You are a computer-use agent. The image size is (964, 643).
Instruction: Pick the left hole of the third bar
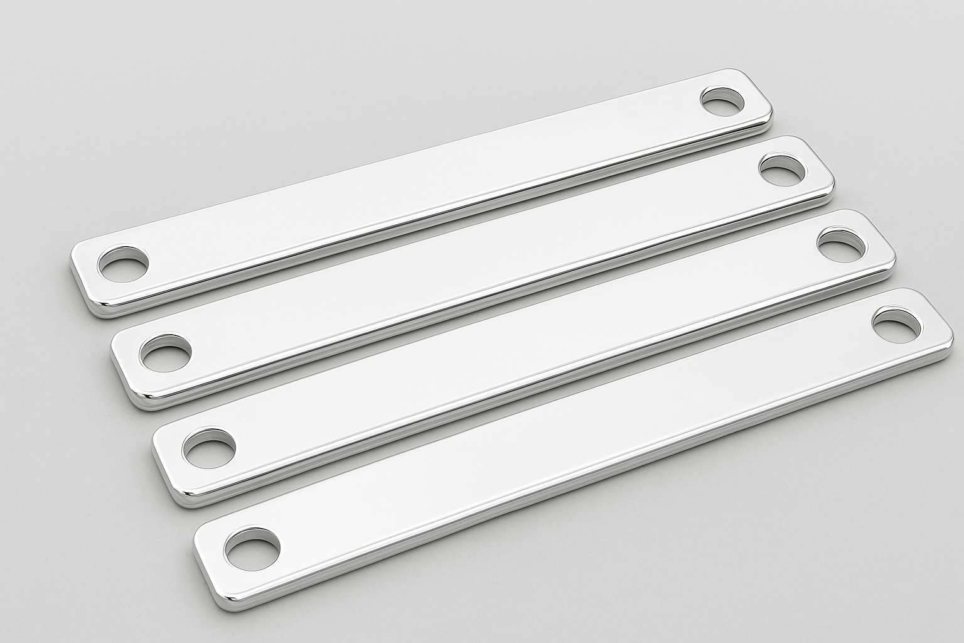point(210,448)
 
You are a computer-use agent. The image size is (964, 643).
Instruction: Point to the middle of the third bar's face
point(524,352)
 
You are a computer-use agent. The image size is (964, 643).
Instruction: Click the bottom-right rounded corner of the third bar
point(885,274)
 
